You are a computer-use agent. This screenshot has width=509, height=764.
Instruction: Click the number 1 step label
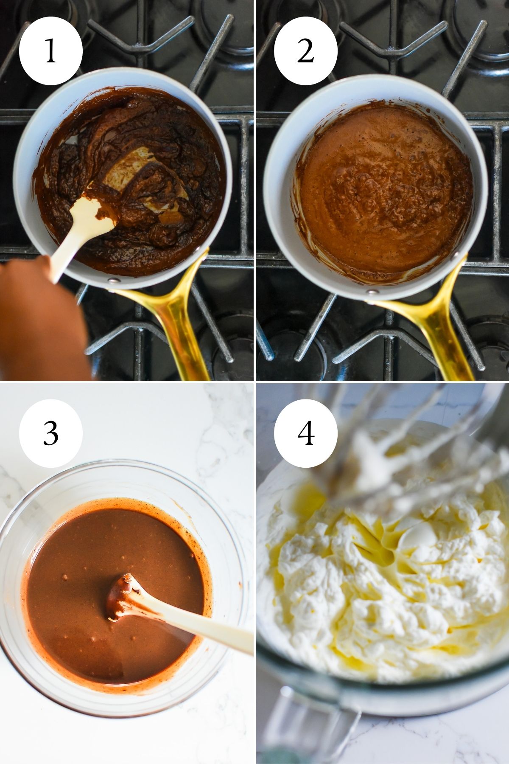50,51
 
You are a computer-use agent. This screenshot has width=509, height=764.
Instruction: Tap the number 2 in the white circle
305,51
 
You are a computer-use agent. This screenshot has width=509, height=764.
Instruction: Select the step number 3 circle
50,433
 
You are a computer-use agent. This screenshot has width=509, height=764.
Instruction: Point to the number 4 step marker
305,433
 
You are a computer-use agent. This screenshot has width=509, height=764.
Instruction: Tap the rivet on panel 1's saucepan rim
112,280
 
